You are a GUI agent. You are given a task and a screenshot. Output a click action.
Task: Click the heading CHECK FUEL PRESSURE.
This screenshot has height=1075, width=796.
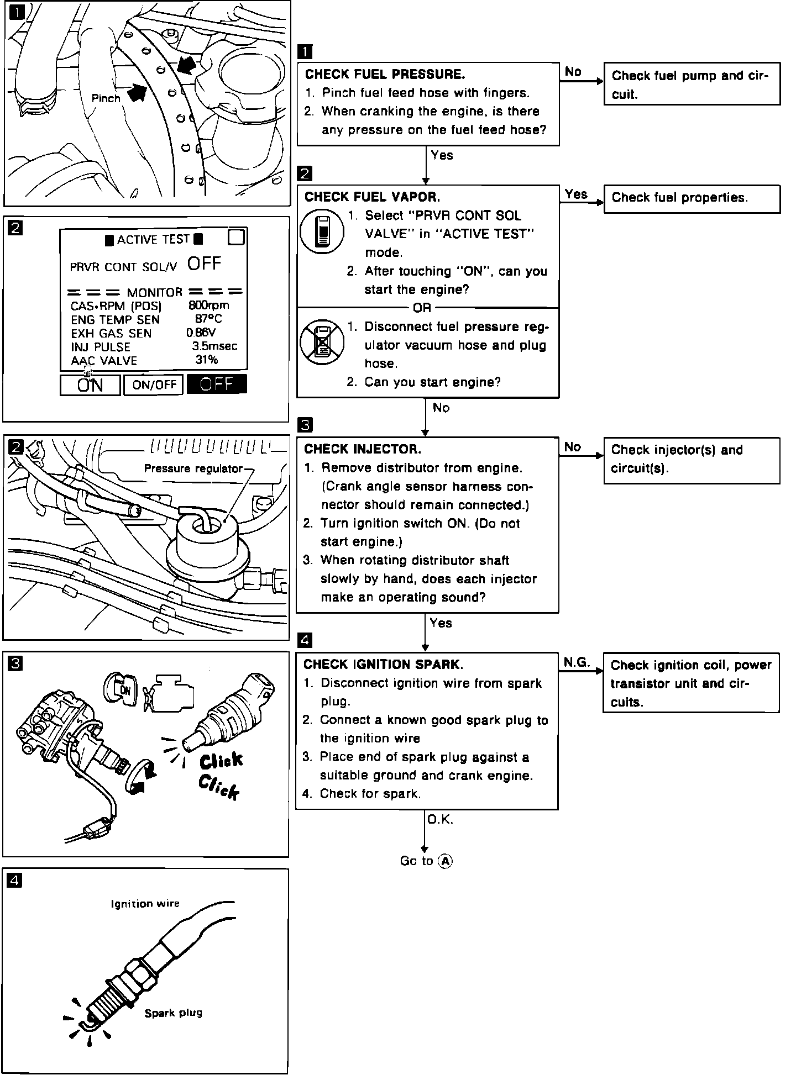pos(385,74)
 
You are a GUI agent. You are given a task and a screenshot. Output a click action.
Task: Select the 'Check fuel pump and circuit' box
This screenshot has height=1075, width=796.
pos(692,85)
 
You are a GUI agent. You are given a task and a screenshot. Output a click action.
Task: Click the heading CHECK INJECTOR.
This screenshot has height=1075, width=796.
pos(363,449)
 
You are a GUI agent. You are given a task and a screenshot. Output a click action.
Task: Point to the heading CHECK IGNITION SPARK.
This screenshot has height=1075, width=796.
pos(383,664)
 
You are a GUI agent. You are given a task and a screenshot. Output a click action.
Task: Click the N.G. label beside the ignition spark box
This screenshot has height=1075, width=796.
pos(577,662)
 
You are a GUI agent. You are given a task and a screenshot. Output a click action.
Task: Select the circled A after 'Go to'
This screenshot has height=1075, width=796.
pos(445,861)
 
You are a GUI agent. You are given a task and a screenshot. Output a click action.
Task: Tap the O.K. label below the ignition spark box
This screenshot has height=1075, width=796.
pos(440,820)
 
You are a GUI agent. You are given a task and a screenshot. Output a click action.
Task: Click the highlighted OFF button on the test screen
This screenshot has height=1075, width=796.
pos(217,384)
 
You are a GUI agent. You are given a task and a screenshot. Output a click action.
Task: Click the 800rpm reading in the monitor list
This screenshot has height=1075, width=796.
pos(209,305)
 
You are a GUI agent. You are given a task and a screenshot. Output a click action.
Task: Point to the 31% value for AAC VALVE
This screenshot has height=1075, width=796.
pos(207,360)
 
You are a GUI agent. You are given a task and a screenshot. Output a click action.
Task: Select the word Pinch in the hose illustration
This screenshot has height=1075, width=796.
pos(106,98)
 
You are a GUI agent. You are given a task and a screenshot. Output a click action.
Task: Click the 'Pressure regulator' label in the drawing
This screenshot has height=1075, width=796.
pos(193,468)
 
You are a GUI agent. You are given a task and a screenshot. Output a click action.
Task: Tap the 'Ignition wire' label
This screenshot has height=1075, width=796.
pos(145,904)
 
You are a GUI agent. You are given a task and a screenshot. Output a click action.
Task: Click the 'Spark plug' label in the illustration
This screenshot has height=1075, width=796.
pos(173,1013)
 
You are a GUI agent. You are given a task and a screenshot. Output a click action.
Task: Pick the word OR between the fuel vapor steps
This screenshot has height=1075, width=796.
pos(422,308)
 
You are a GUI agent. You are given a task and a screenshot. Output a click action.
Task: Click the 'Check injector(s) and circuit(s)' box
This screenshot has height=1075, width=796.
pos(692,460)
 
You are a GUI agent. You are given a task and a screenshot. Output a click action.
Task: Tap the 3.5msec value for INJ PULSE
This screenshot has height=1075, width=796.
pos(214,346)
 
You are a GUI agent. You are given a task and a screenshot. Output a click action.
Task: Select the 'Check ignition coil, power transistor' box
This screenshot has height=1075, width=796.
pos(691,683)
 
